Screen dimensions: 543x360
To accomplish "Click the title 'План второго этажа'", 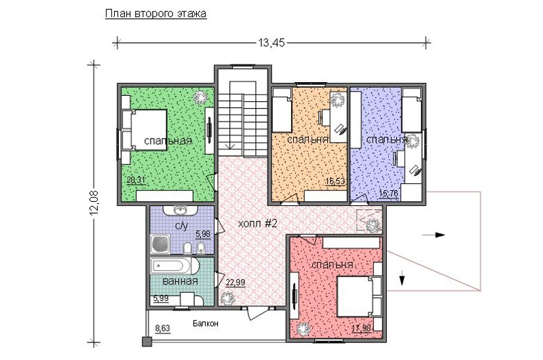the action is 155,14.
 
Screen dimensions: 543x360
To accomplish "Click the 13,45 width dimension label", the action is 271,43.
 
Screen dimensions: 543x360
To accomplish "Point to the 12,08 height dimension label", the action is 94,203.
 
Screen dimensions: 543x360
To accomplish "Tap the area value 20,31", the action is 136,180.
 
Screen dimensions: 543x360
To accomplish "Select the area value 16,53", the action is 335,181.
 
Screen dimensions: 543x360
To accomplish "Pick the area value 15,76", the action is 388,193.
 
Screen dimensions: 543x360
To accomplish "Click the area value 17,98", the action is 361,327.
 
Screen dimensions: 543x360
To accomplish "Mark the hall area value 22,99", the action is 236,283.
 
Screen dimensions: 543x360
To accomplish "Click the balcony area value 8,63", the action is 162,328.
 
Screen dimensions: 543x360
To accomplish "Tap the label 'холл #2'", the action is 258,224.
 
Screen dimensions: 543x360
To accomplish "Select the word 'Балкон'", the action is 206,323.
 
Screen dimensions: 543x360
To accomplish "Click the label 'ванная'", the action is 180,281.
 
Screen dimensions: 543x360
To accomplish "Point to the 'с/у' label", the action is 181,226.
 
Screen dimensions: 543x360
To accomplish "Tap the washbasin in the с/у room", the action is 180,210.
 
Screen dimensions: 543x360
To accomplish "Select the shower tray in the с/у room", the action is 160,245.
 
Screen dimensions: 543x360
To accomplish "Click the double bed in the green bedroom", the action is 145,130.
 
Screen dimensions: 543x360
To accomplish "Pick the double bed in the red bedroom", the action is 360,296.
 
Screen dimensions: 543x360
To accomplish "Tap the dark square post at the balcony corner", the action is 147,342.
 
